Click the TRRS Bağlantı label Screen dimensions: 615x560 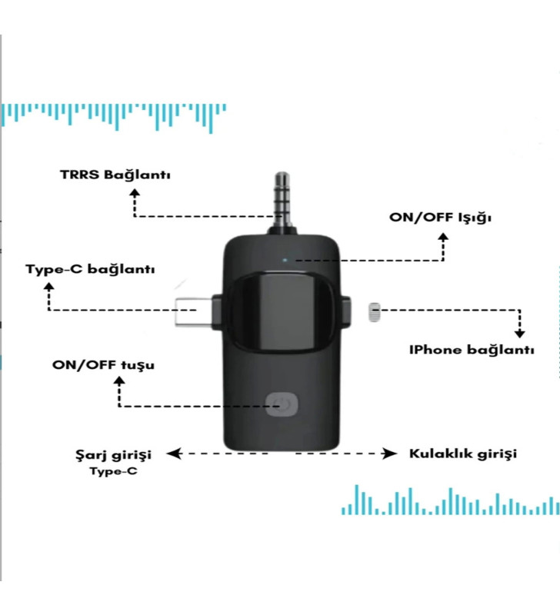pos(115,175)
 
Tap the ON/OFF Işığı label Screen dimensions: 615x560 pos(440,218)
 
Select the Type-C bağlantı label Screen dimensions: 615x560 pos(91,270)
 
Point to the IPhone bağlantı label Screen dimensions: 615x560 pos(472,350)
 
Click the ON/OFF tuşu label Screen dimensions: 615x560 pos(103,364)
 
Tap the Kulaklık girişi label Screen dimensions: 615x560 pos(462,454)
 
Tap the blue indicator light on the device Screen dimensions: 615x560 pos(285,259)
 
